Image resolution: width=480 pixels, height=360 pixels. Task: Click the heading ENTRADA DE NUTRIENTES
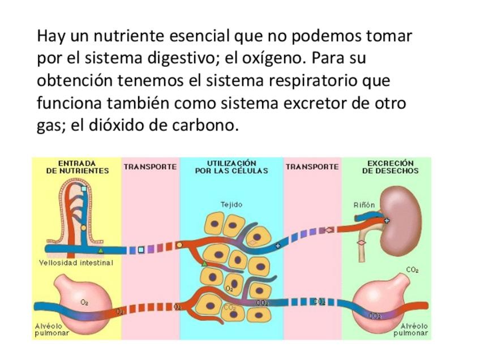click(x=76, y=166)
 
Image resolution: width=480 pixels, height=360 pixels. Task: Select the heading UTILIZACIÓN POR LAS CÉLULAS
click(x=232, y=166)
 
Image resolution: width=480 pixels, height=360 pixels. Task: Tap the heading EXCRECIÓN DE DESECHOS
click(x=390, y=166)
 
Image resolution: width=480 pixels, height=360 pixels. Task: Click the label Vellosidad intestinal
click(x=76, y=263)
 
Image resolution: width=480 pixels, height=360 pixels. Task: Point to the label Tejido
click(x=231, y=204)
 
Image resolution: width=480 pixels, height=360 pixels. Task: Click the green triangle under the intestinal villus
click(x=101, y=250)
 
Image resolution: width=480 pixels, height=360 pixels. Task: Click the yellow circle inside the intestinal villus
click(x=83, y=228)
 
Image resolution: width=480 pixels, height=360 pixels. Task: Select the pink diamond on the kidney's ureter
click(x=361, y=242)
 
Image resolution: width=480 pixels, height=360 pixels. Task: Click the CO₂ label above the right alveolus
click(x=412, y=270)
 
